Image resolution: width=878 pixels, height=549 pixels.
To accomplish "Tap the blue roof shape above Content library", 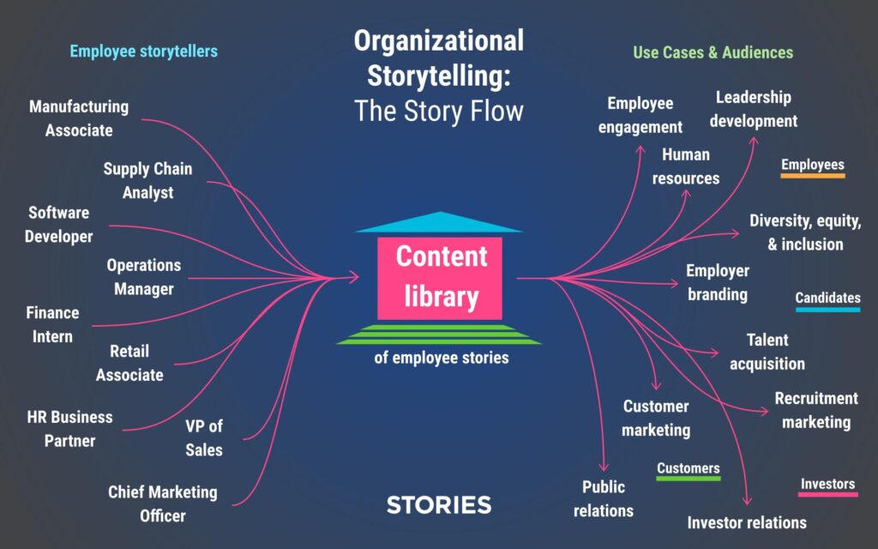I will pos(438,223).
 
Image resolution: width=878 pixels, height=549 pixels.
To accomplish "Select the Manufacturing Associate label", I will pos(79,118).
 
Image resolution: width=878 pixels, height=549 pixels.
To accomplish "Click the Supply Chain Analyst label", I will pos(147,180).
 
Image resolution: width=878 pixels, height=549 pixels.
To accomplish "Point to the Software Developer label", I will pos(58,224).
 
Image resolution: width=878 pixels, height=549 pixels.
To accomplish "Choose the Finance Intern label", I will pos(52,324).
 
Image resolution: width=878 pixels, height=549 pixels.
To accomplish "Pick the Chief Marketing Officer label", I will pos(163,504).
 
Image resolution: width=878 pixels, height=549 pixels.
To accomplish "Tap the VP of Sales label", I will pos(204,437).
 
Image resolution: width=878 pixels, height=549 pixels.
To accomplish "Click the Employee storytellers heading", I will pos(143,51).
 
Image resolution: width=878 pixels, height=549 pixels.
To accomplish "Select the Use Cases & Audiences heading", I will pos(713,52).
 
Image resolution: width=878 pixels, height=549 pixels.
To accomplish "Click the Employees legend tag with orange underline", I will pos(812,166).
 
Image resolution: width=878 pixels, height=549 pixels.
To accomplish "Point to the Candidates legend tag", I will pos(827,299).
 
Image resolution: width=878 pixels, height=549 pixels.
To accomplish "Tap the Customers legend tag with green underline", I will pos(688,468).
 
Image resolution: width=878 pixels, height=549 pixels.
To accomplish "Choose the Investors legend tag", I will pos(827,484).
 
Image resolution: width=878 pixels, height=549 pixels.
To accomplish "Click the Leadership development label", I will pos(754,109).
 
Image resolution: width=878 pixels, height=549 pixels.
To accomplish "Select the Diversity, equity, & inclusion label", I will pos(805,232).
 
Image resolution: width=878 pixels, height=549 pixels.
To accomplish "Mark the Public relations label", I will pos(604,498).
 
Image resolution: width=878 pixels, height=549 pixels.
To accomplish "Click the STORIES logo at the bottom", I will pos(439,504).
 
